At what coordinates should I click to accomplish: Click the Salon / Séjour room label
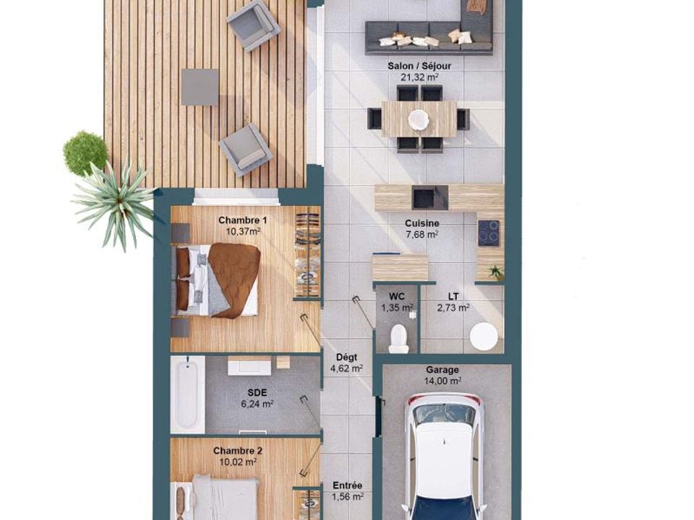click(419, 66)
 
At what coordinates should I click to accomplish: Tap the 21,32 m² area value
click(419, 77)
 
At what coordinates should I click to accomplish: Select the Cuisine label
click(421, 223)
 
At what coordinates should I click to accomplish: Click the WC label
click(397, 296)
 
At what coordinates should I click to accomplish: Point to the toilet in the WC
click(398, 339)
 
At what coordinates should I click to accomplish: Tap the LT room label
click(453, 296)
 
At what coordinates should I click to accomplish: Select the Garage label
click(442, 370)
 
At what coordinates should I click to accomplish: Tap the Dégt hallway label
click(346, 357)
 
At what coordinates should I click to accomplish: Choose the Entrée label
click(348, 485)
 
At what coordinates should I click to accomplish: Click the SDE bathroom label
click(257, 392)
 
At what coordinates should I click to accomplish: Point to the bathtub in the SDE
click(188, 394)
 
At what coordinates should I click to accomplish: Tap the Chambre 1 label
click(243, 220)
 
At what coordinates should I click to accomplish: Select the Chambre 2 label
click(238, 451)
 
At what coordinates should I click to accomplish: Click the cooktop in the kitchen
click(488, 233)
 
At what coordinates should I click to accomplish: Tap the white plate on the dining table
click(418, 119)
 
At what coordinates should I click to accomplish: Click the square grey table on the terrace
click(200, 87)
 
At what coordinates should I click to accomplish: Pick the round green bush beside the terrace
click(85, 152)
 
